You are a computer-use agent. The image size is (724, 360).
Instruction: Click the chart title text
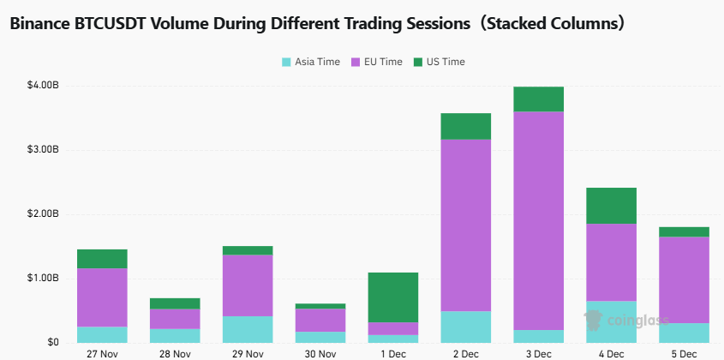pos(317,24)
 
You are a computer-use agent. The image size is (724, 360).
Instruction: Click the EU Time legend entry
pos(377,62)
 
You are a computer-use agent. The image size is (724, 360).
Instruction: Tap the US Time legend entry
pos(439,62)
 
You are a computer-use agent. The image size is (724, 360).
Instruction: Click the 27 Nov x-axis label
pos(102,352)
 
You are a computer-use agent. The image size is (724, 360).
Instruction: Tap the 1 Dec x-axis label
pos(393,352)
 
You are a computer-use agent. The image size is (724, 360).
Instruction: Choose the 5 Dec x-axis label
pos(684,352)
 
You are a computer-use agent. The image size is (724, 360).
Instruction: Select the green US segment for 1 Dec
pos(393,297)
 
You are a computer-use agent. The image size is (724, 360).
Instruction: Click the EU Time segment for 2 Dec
pos(466,225)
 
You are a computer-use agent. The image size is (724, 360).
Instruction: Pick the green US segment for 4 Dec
pos(611,205)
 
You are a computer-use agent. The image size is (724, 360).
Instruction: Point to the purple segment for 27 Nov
pos(102,297)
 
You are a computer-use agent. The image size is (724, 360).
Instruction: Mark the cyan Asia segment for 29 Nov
pos(248,329)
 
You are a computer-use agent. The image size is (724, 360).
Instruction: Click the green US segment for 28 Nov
pos(175,303)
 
